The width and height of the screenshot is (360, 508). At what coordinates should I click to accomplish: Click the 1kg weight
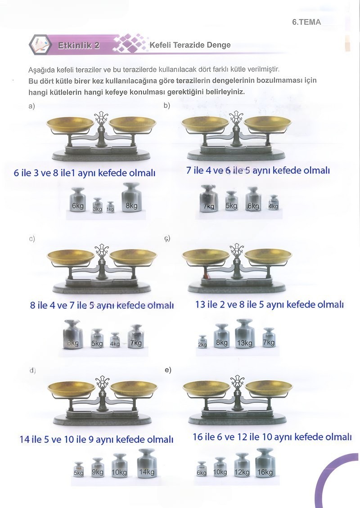coord(111,207)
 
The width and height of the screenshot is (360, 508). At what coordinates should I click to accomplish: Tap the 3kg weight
coord(97,205)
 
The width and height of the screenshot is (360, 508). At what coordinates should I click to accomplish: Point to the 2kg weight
coord(202,342)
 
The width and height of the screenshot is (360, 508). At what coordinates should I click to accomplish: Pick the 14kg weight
coord(147,463)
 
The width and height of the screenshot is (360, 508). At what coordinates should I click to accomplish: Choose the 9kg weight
coord(98,468)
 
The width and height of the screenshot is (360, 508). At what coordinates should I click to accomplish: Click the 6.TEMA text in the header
coord(306,22)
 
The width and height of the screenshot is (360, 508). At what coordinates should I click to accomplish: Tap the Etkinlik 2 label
coord(79,45)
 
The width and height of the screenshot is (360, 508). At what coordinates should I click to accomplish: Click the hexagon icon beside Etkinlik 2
coord(40,45)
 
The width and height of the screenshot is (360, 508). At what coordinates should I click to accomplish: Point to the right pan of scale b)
coord(268,124)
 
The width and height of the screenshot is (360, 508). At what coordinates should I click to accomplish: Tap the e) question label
coord(168,370)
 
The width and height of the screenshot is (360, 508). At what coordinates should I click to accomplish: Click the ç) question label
coord(167,238)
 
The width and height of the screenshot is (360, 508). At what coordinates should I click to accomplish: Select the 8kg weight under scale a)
coord(132,198)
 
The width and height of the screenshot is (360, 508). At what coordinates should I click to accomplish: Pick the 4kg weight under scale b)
coord(274,203)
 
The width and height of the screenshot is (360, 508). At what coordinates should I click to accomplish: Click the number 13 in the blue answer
coord(200,304)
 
